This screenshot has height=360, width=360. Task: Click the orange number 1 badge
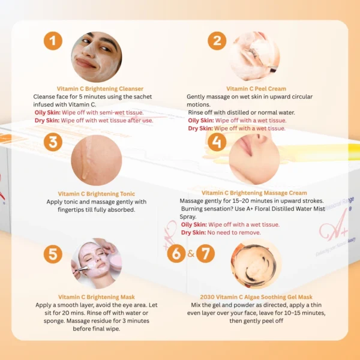tap(53, 41)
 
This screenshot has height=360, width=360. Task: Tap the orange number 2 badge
tap(217, 41)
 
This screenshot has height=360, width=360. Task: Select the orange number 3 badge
tap(53, 142)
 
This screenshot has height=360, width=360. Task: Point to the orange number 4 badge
tap(217, 142)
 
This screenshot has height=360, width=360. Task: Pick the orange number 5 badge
tap(53, 254)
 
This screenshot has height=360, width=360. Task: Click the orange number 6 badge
tap(176, 253)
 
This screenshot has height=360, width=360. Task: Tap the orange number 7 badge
tap(205, 253)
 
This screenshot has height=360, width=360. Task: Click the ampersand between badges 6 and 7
tap(191, 254)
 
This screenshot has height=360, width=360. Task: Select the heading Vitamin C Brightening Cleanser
tap(100, 89)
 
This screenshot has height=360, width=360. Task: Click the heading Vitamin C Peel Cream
tap(256, 89)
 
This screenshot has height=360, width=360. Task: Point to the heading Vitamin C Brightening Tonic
tap(97, 194)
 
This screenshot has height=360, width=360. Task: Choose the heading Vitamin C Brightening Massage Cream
tap(254, 193)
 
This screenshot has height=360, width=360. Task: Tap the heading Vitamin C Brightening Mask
tap(97, 297)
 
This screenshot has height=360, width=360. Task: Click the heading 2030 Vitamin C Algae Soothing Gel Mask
tap(256, 297)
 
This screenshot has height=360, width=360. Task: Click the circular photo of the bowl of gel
tap(256, 263)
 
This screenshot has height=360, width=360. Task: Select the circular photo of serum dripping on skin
tap(97, 160)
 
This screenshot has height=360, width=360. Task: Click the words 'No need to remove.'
tap(234, 233)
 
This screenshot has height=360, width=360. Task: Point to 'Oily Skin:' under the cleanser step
tap(47, 113)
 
